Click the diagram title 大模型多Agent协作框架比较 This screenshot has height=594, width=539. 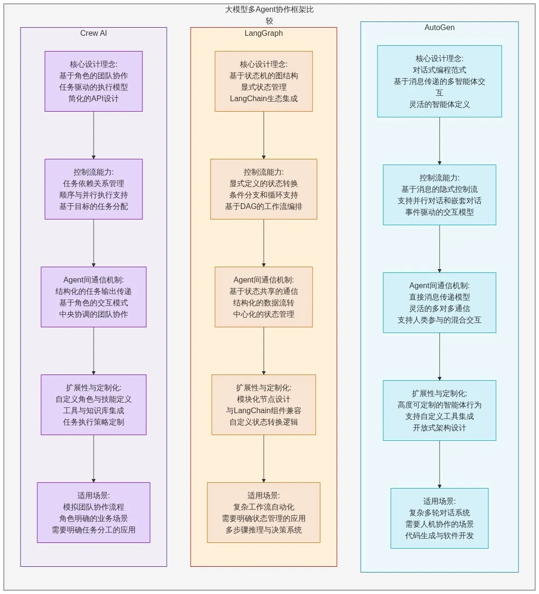coord(269,10)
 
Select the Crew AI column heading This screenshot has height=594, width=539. coord(94,33)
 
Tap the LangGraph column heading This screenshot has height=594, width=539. coord(263,33)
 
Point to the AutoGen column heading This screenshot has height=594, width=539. coord(439,28)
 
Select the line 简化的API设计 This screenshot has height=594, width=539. coord(94,99)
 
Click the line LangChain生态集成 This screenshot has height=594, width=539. coord(263,99)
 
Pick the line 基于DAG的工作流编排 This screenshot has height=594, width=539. coord(263,207)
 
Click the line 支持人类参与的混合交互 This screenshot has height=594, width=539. coord(439,320)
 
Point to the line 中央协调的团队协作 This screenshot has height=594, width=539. coord(94,314)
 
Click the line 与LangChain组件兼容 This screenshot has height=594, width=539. coord(263,411)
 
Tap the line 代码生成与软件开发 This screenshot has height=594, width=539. coord(439,536)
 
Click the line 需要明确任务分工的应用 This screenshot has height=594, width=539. coord(94,530)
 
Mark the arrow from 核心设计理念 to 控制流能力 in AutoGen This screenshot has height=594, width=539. coord(439,141)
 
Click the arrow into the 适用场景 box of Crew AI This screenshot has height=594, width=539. coord(94,458)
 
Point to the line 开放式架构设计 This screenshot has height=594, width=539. coord(439,428)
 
